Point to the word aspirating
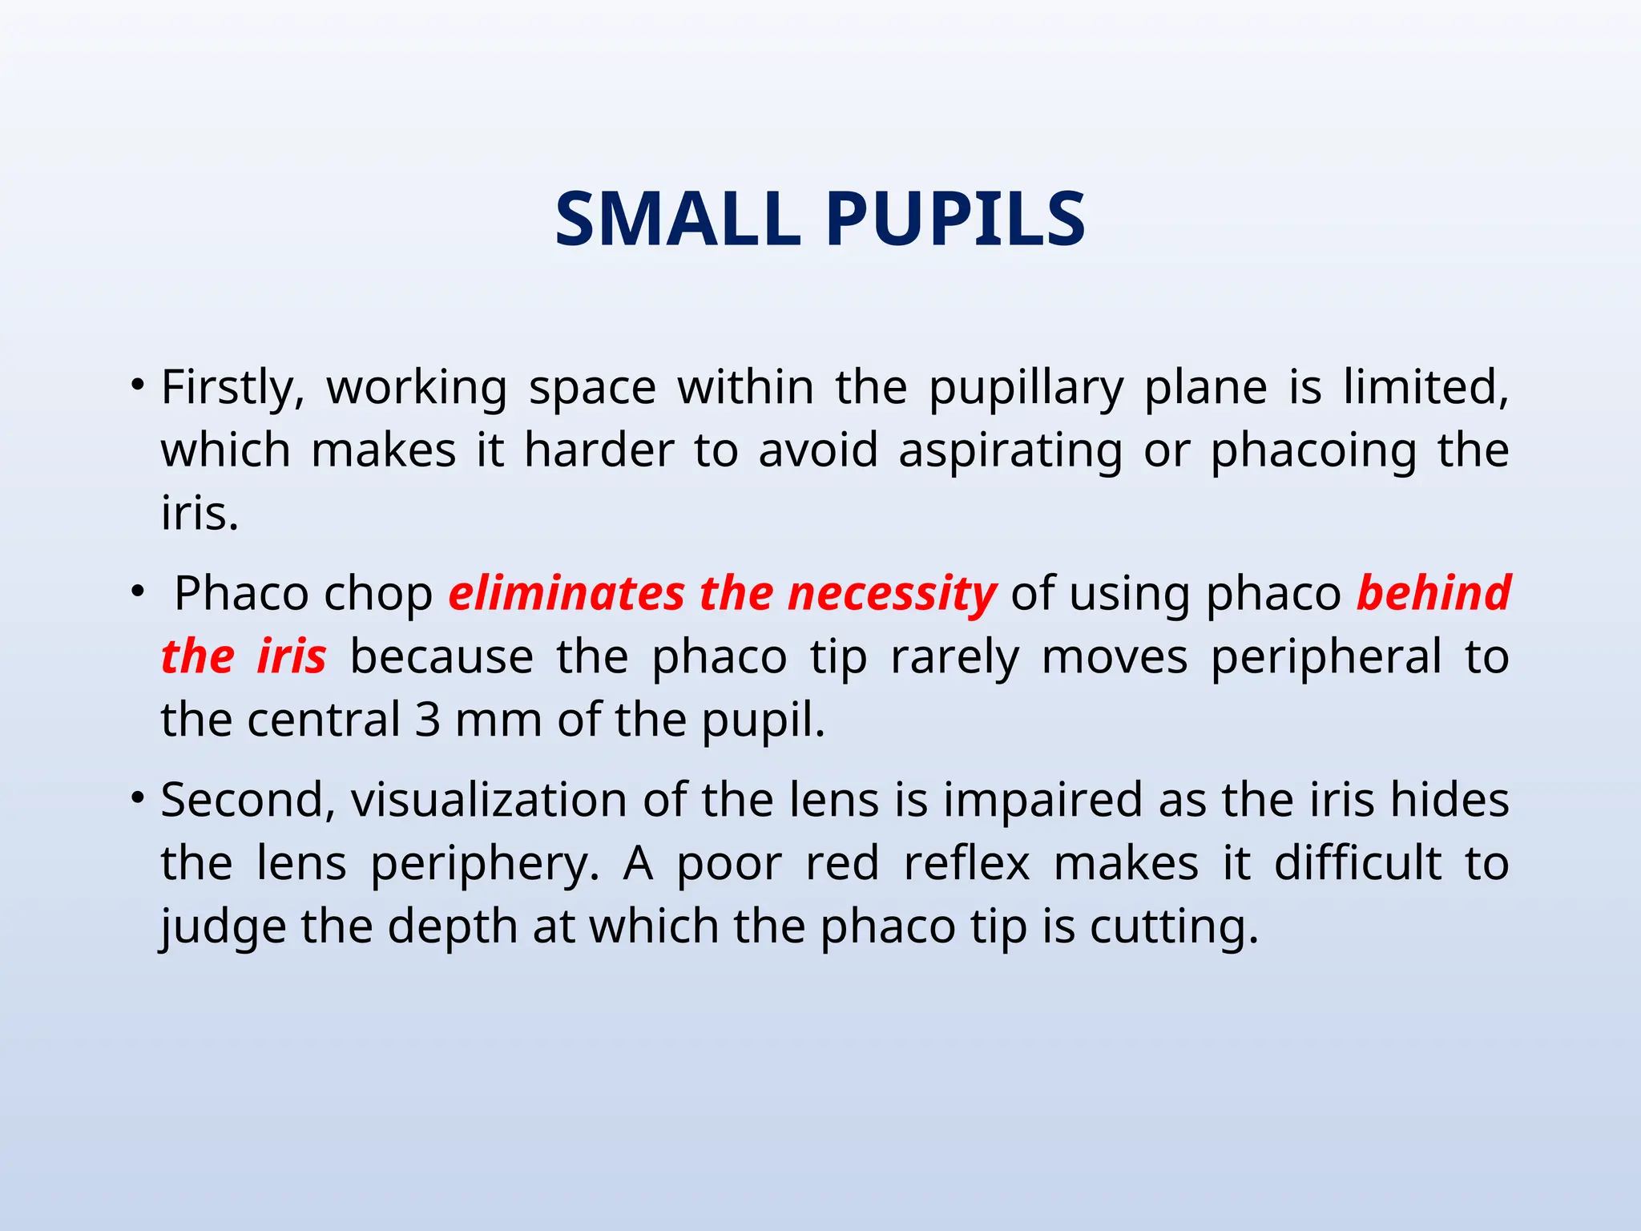pos(1010,452)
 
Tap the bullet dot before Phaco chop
pos(138,591)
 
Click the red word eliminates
pos(566,594)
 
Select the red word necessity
pos(892,595)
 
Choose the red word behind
pos(1433,594)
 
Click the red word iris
pos(291,656)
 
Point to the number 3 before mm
pos(428,720)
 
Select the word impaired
pos(1042,802)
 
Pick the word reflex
pos(966,864)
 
